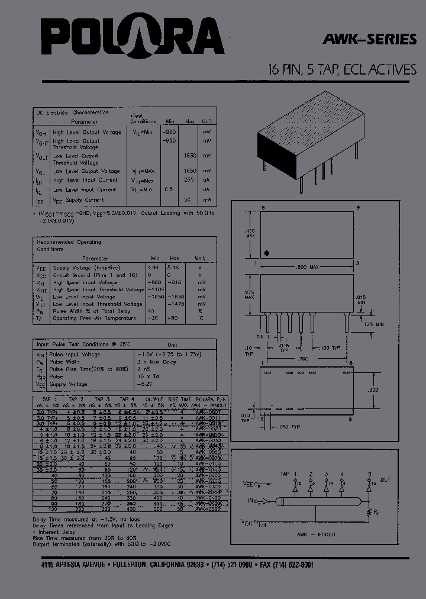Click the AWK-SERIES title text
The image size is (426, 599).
[369, 40]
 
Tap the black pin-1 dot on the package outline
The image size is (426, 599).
[267, 253]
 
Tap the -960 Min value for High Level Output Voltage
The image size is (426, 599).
[169, 132]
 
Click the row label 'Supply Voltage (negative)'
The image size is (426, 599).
[84, 268]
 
